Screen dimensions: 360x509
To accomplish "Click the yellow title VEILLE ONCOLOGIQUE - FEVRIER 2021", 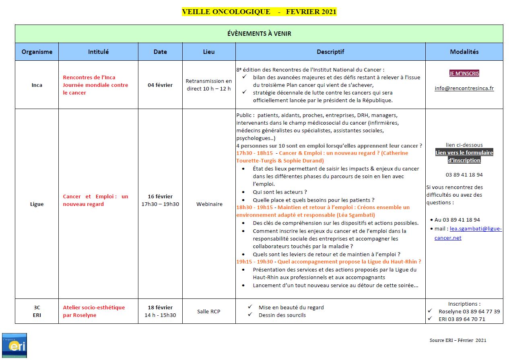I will [x=259, y=12].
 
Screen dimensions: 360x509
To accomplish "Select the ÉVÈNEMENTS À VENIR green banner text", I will [x=259, y=34].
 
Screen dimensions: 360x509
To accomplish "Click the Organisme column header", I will [x=37, y=52].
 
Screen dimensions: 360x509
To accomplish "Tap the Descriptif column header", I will [x=330, y=52].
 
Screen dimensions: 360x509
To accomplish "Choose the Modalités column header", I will [x=464, y=52].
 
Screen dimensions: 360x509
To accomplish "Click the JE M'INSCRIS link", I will [x=464, y=73].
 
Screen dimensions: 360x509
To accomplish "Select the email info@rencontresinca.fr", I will [x=464, y=88].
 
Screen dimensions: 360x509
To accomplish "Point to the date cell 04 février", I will [x=160, y=85].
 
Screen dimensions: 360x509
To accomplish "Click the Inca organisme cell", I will [x=37, y=85].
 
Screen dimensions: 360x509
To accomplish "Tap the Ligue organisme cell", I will [x=37, y=204].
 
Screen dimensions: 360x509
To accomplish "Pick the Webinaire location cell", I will [x=209, y=204].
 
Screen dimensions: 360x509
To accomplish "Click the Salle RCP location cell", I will [x=209, y=311].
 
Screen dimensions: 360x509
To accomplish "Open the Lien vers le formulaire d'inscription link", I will [x=464, y=156].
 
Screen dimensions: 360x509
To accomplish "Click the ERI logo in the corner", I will [x=14, y=345].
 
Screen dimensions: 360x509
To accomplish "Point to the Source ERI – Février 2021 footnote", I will [x=458, y=340].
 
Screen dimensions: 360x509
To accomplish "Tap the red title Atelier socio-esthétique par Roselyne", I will [x=94, y=311].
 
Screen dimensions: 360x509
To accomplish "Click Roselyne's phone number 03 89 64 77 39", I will [x=469, y=311].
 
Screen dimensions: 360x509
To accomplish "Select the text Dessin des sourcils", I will [x=282, y=315].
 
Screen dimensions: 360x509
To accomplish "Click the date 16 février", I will [x=160, y=196].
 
